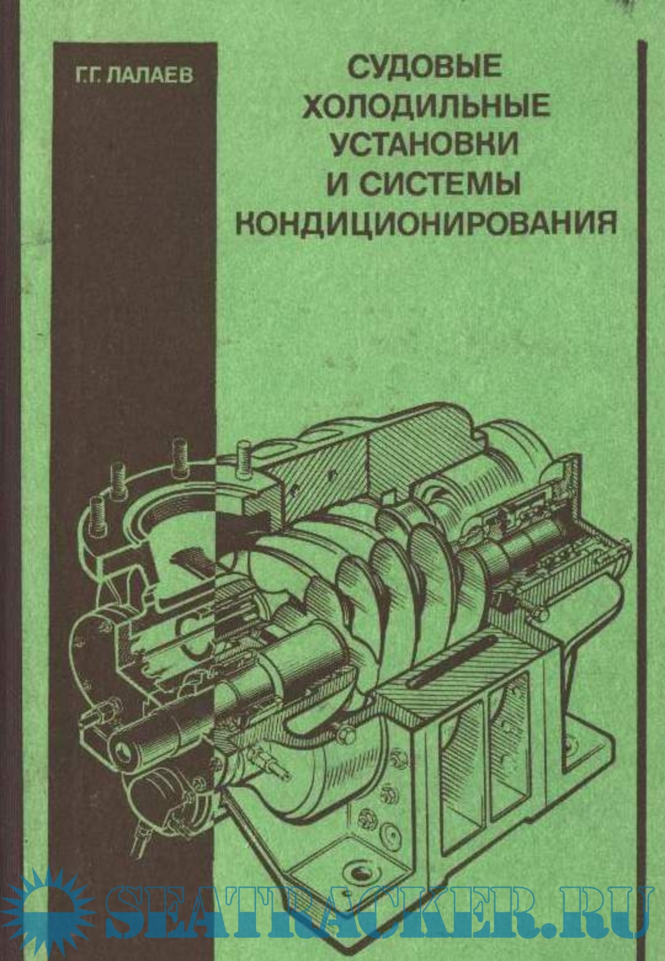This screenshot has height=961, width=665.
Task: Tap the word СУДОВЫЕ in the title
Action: coord(426,67)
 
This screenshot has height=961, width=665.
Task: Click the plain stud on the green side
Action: coord(244,459)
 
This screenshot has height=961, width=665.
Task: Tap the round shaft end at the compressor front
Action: coord(124,749)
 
